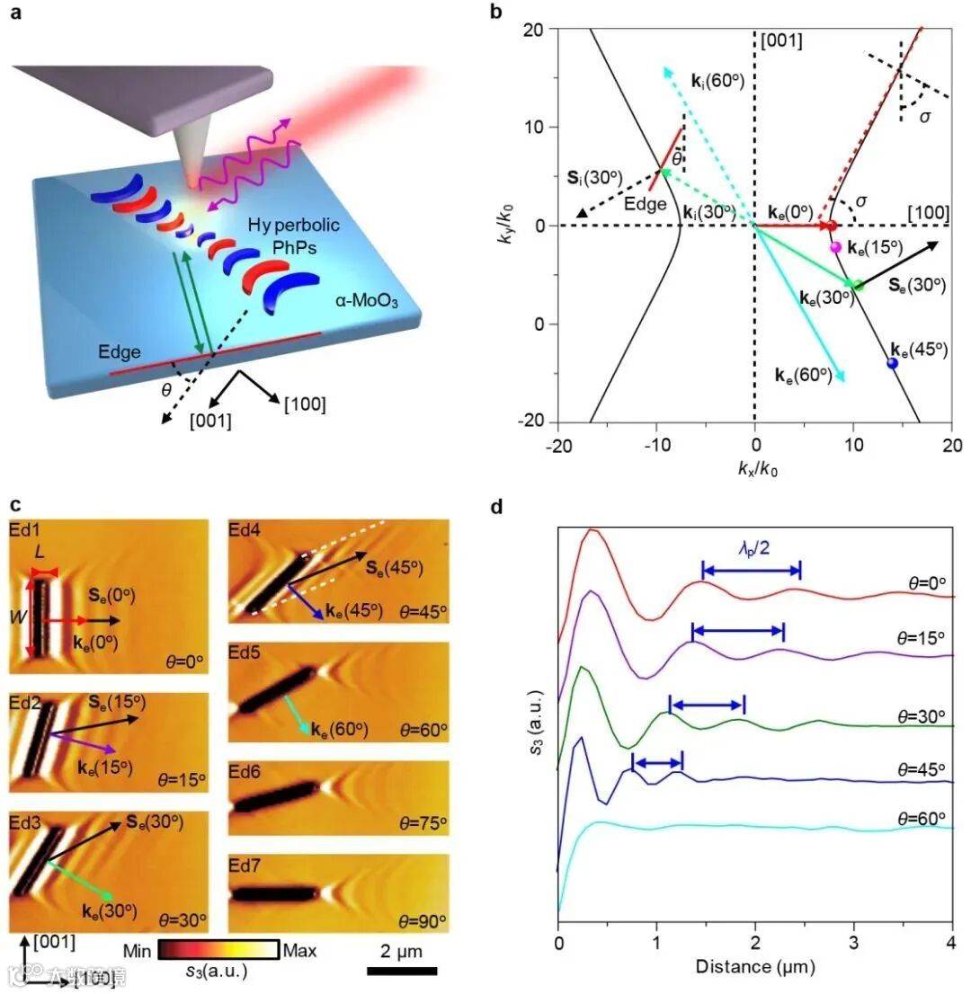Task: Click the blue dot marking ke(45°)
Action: click(x=893, y=363)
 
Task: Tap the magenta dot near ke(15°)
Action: click(x=835, y=247)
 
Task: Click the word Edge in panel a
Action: click(x=120, y=353)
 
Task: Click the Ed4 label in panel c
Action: click(x=246, y=530)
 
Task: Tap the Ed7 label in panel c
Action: click(x=247, y=864)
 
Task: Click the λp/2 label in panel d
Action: click(x=750, y=547)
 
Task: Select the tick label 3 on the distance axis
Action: click(x=853, y=947)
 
